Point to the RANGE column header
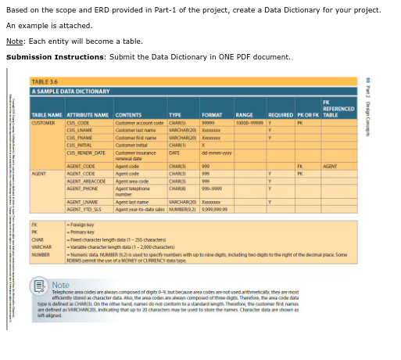243,114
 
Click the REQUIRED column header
279,114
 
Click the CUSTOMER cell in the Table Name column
44,121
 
